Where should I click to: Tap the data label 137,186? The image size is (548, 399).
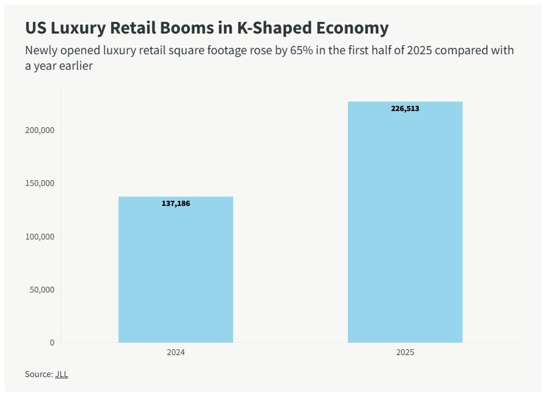(176, 203)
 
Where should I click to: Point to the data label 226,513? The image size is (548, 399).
(405, 108)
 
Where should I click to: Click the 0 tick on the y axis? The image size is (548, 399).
(52, 342)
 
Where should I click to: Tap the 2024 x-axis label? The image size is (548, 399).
(176, 353)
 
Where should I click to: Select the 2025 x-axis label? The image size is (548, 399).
(405, 353)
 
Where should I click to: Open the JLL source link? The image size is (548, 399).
(61, 374)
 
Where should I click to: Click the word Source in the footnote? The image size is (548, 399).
(37, 374)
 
